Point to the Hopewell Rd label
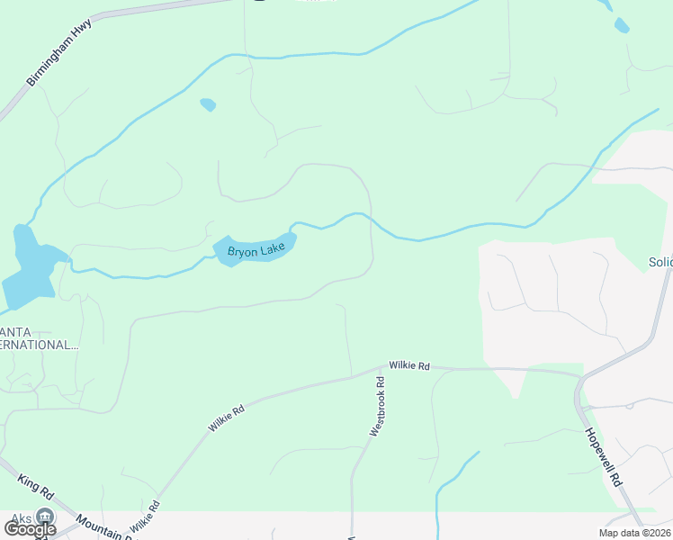[605, 457]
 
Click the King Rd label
[36, 487]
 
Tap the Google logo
[30, 529]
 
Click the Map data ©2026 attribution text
[634, 533]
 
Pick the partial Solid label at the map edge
[660, 263]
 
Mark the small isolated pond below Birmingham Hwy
[208, 104]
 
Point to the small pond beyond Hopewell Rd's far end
[622, 25]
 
